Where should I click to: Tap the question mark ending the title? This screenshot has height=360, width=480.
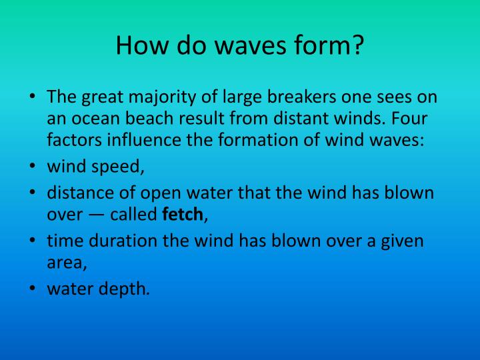(357, 45)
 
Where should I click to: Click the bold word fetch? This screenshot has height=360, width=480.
(183, 215)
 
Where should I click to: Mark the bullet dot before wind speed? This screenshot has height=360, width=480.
(33, 167)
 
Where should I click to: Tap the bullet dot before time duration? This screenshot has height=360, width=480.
(33, 240)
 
